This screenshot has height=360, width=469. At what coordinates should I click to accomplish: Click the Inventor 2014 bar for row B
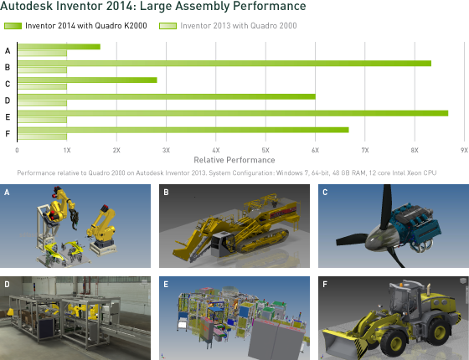(224, 64)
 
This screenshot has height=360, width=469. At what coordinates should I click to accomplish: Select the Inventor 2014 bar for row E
(233, 113)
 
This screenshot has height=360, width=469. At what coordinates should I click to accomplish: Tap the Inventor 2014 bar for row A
(59, 47)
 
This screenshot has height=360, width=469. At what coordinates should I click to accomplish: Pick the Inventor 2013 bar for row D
(42, 104)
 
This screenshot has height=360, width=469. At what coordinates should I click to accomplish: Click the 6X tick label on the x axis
(315, 150)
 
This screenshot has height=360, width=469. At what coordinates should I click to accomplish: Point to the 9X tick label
(464, 150)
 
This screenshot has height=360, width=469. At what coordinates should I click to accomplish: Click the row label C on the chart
(8, 84)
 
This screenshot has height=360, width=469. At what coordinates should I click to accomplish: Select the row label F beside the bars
(8, 133)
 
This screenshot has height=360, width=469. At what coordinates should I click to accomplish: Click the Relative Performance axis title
(234, 160)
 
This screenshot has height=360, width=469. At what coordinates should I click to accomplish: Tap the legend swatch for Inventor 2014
(13, 26)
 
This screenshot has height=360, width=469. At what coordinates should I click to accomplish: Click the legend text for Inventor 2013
(239, 26)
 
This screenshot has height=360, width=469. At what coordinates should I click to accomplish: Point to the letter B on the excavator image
(166, 193)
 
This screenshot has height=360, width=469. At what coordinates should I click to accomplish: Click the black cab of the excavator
(223, 244)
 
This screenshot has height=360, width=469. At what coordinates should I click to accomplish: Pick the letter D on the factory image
(7, 285)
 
